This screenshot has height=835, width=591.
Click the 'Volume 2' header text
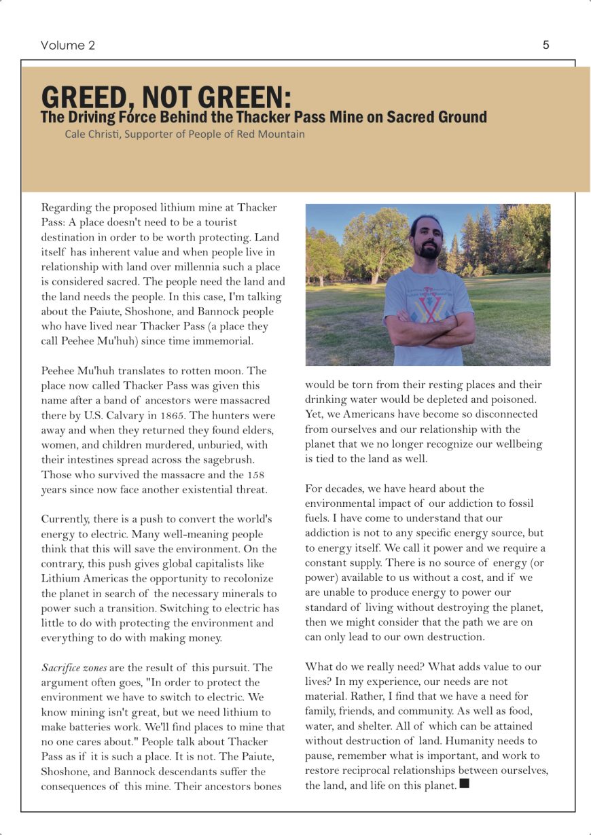click(68, 46)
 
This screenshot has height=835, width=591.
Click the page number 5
click(545, 46)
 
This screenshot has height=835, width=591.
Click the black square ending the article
click(465, 784)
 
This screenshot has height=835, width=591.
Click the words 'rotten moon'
click(214, 371)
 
